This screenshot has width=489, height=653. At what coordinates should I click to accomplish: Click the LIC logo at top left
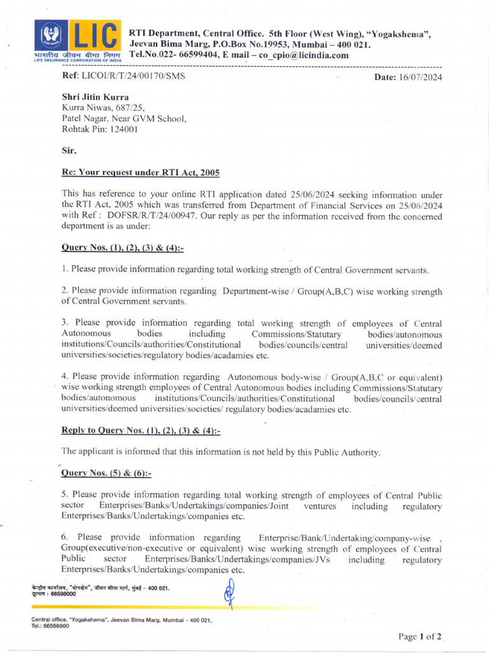76,40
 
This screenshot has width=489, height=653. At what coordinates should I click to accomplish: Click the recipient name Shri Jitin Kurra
95,97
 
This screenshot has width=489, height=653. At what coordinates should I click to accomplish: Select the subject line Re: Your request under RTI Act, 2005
140,173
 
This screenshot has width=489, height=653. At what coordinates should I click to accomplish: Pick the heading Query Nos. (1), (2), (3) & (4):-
122,247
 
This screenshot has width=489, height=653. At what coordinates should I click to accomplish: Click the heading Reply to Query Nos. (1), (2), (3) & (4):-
140,431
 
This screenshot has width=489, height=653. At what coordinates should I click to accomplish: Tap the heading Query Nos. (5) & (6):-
106,473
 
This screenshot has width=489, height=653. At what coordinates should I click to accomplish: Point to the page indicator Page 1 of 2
420,636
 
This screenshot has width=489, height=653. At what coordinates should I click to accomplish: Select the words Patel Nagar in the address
85,118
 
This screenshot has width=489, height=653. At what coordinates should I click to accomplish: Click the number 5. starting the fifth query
65,495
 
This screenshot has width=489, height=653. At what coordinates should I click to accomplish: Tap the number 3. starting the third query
65,323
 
